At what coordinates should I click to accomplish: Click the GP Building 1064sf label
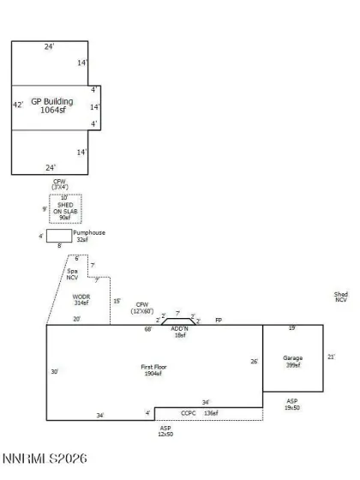coord(48,105)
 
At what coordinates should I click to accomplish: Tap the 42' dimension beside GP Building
coord(16,105)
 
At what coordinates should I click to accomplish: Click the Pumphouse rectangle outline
coord(58,236)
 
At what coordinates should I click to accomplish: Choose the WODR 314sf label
coord(81,299)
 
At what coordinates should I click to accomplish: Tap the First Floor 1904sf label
coord(156,370)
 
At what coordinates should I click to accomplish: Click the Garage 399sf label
coord(293,361)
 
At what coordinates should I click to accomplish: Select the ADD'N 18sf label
coord(179,332)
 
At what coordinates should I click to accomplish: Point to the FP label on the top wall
coord(219,320)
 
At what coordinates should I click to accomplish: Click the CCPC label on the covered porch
coord(189,413)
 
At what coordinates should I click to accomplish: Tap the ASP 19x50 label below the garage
coord(292,405)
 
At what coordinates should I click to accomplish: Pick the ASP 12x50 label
coord(165,431)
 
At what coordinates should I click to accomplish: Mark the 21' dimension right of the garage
coord(331,357)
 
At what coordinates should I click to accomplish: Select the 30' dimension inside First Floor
coord(54,371)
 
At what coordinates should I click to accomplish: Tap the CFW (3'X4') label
coord(59,183)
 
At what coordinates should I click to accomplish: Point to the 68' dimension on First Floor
coord(148,328)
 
